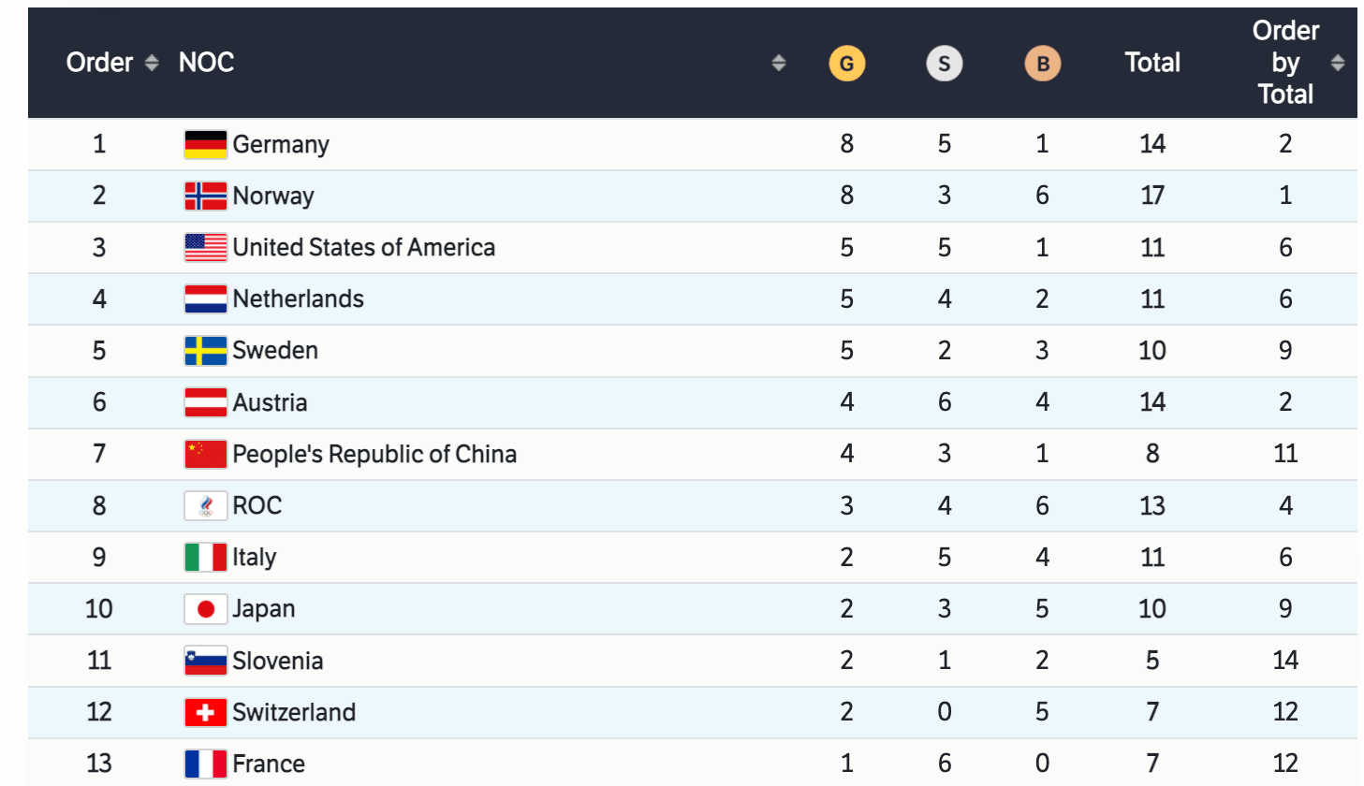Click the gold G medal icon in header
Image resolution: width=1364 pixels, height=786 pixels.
(846, 64)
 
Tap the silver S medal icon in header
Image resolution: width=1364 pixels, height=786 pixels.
(944, 64)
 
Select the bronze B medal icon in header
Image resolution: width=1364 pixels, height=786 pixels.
(1042, 64)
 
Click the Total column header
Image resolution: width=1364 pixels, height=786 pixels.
(1151, 63)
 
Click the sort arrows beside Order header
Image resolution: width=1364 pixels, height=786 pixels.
(152, 63)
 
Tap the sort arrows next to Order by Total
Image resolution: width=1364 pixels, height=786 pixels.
(1337, 63)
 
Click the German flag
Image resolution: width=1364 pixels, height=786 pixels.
(205, 144)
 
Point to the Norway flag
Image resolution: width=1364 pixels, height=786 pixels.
(205, 196)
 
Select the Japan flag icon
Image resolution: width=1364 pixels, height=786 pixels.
(205, 609)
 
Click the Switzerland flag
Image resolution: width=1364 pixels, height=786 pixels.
(205, 712)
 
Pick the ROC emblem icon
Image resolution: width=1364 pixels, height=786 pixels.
(205, 506)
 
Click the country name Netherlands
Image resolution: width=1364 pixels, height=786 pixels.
(298, 298)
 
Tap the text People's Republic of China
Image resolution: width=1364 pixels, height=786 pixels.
(374, 454)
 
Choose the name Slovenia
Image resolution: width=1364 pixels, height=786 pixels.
(277, 661)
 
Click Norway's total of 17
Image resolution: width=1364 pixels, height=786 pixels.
(1151, 196)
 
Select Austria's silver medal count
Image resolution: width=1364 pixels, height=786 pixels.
(944, 402)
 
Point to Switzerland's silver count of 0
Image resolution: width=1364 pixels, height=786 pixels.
(944, 712)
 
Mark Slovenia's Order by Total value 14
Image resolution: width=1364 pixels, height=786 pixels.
(1284, 661)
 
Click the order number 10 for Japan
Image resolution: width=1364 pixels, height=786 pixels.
(98, 609)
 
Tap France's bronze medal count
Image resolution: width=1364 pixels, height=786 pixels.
(1042, 764)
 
